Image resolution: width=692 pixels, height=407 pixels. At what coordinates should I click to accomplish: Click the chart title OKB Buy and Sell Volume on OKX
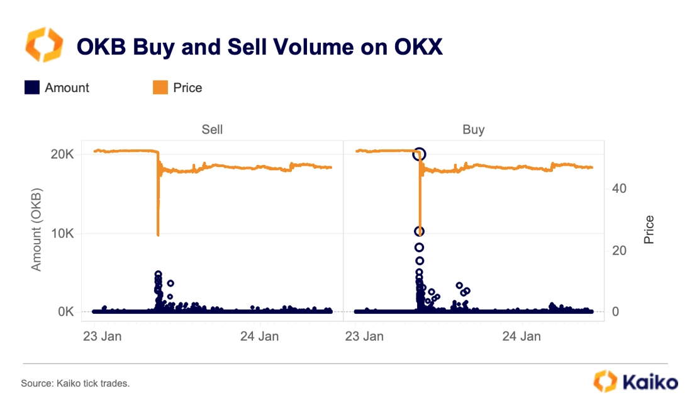pos(259,47)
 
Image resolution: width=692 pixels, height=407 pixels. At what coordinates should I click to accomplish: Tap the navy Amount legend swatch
pos(32,88)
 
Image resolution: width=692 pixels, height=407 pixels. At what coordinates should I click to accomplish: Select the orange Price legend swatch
pos(160,88)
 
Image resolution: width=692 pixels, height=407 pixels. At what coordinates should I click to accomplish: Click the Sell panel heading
pos(212,130)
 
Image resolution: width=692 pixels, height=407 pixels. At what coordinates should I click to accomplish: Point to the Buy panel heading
pos(473,130)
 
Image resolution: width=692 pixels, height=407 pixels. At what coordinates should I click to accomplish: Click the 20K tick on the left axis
pos(62,154)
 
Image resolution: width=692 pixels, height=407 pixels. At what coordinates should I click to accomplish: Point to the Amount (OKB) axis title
pos(36,229)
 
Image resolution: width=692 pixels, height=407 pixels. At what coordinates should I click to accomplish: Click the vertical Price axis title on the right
pos(649,230)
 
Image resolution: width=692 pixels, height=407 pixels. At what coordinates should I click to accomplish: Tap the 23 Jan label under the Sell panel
pos(103,336)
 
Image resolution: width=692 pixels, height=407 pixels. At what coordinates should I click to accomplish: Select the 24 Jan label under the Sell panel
pos(259,336)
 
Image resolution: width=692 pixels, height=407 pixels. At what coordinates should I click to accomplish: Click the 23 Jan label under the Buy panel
pos(365,336)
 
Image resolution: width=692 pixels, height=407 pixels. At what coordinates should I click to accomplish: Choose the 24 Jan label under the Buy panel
pos(522,336)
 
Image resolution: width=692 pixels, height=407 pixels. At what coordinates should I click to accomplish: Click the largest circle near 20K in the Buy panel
pos(420,154)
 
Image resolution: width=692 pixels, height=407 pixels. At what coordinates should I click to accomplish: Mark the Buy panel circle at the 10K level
pos(419,231)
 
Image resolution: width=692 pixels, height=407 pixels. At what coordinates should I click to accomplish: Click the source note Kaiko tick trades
pos(75,383)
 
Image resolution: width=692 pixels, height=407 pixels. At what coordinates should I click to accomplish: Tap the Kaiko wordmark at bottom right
pos(650,382)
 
